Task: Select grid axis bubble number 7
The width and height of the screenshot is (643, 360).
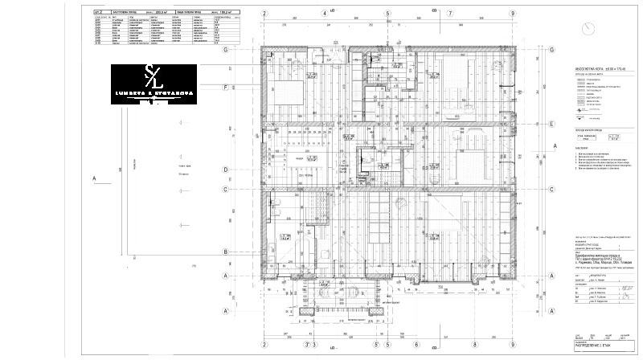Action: pyautogui.click(x=451, y=13)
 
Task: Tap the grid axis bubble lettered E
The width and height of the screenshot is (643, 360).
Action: pyautogui.click(x=552, y=125)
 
